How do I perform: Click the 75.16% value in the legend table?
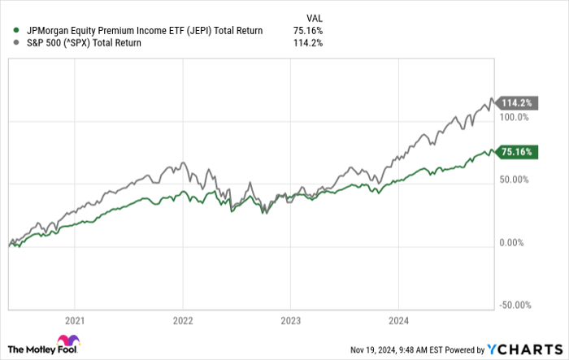coord(308,31)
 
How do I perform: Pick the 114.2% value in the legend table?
coord(310,43)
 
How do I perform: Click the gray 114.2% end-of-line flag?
coord(517,103)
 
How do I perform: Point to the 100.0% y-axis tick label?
coord(515,118)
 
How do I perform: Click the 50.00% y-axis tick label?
coord(515,180)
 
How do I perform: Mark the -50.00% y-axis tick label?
coord(515,305)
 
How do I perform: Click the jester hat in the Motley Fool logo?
coord(67,342)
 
